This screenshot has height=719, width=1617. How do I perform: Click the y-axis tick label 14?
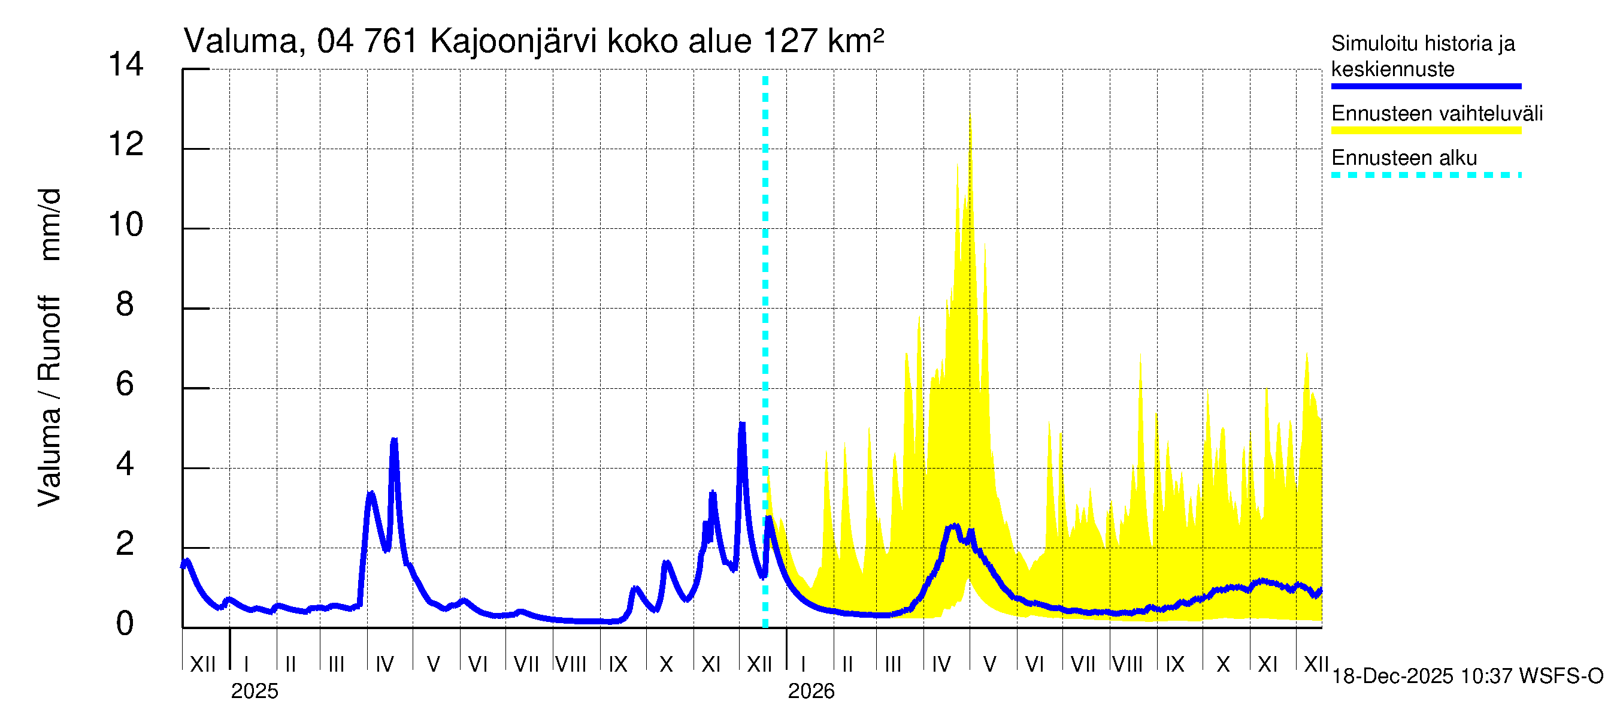click(x=126, y=65)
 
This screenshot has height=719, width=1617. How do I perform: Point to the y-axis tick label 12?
click(x=126, y=144)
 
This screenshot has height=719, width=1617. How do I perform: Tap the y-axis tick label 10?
click(x=126, y=225)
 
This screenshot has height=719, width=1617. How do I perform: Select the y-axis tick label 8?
click(x=125, y=304)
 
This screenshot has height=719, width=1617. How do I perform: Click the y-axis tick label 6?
click(x=125, y=384)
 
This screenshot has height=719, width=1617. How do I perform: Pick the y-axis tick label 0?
click(x=125, y=624)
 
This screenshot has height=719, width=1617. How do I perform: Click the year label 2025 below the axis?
click(x=254, y=691)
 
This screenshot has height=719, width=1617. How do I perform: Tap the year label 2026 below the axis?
click(x=811, y=691)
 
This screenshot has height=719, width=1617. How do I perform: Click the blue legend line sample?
click(x=1425, y=86)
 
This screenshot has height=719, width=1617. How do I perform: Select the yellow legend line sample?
click(x=1425, y=131)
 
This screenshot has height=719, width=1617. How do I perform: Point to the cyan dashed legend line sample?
click(x=1425, y=175)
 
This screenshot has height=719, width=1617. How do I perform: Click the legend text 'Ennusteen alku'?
click(x=1404, y=158)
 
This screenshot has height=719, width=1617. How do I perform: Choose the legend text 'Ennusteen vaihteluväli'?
click(x=1437, y=114)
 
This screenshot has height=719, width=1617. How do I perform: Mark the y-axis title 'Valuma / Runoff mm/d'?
click(x=49, y=348)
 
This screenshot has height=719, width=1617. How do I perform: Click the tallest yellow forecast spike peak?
click(x=970, y=117)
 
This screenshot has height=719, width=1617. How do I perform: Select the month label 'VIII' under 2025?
click(x=571, y=664)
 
